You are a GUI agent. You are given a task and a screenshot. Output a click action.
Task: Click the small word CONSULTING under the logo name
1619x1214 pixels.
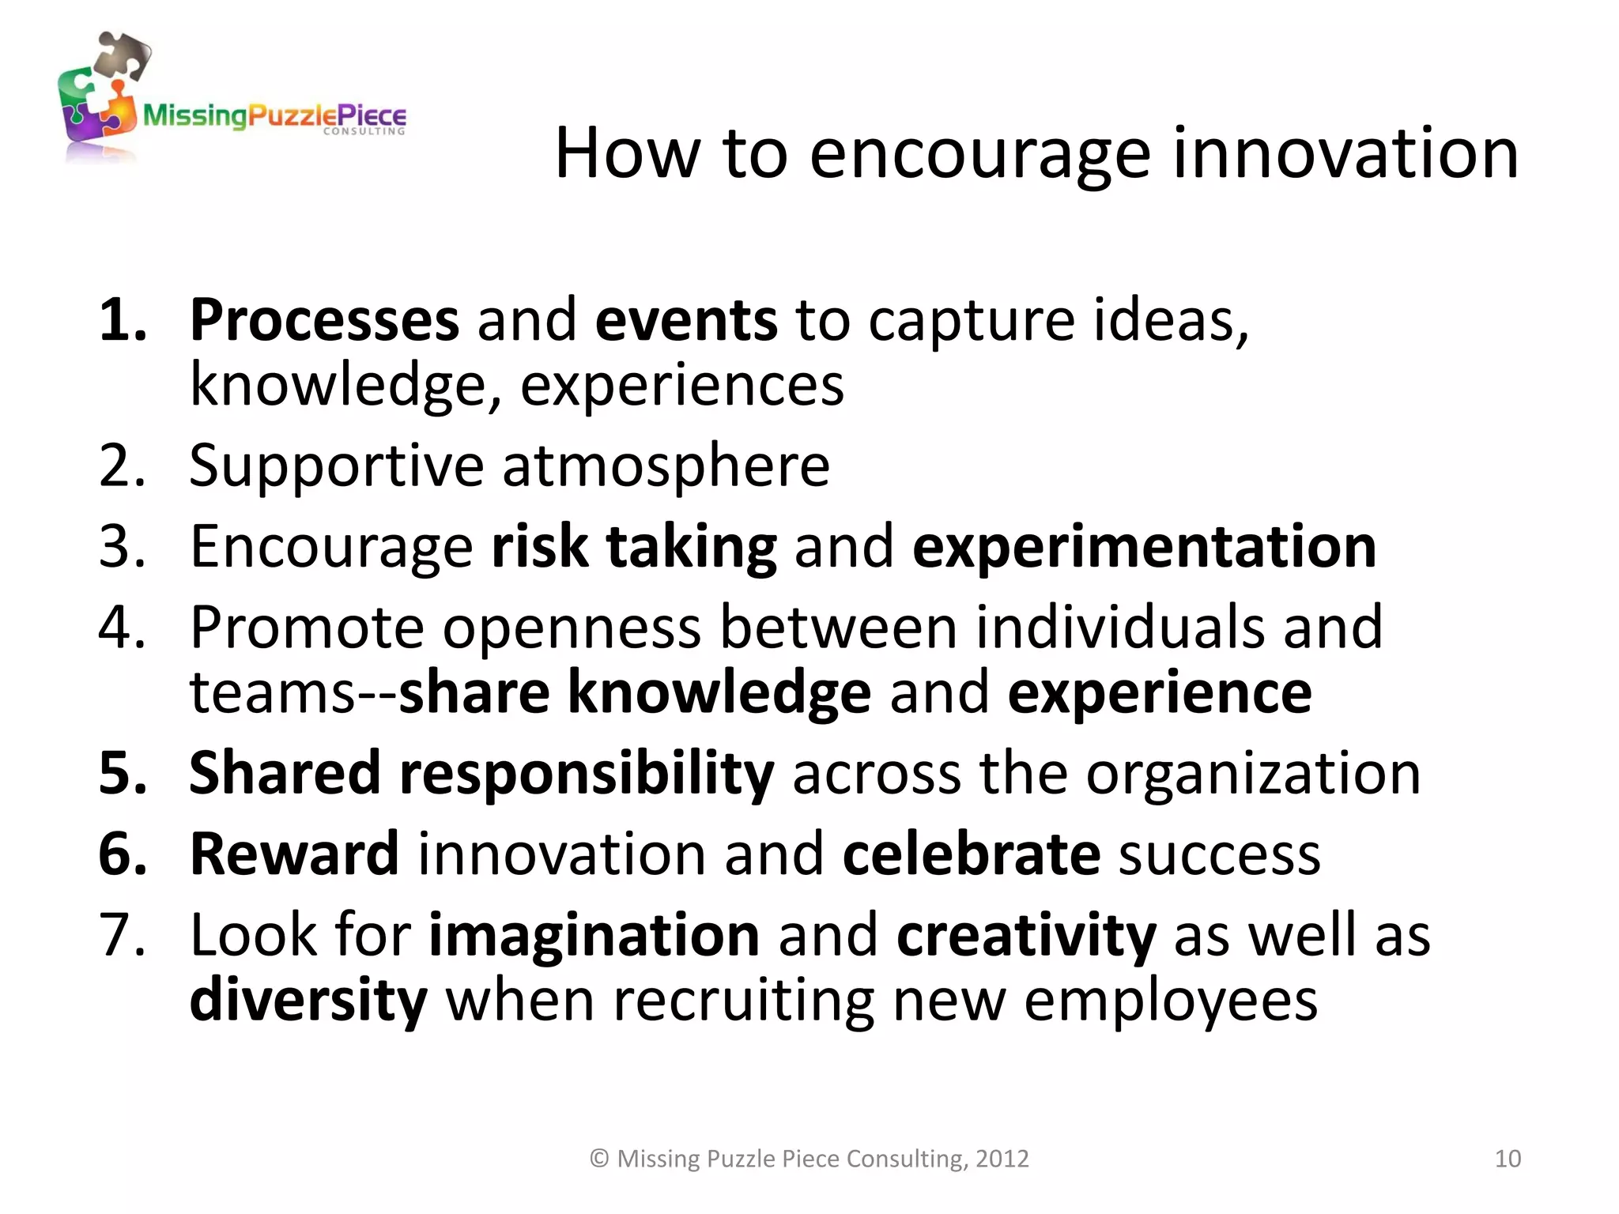(x=364, y=131)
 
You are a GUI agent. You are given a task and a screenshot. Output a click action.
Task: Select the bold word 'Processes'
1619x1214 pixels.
(x=324, y=321)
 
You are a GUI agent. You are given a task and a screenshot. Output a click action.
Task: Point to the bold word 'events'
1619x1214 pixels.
(x=686, y=321)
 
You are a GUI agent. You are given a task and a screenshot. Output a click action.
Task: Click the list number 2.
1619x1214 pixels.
(x=120, y=466)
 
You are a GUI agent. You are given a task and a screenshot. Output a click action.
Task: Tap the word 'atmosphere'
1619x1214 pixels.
(x=666, y=466)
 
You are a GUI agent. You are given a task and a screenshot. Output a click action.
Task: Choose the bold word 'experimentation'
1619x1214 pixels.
(x=1144, y=547)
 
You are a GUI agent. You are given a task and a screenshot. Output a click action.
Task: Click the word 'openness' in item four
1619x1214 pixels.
(x=571, y=628)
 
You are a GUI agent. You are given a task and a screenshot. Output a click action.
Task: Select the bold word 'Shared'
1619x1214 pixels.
(x=285, y=773)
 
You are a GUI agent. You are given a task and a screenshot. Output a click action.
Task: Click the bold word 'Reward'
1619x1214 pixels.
(x=294, y=854)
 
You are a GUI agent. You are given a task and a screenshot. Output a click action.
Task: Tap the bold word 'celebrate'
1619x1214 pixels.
(x=971, y=854)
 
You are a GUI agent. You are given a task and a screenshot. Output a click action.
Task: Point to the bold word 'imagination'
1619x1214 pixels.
(x=594, y=936)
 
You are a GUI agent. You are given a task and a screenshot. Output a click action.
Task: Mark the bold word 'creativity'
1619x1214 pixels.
(x=1025, y=936)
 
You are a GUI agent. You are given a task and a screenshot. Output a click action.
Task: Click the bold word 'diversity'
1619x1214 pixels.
(x=308, y=1001)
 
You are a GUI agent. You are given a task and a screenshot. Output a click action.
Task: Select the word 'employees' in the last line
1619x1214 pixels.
(x=1171, y=1001)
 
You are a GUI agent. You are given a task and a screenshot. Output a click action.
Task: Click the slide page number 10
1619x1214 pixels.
(x=1508, y=1159)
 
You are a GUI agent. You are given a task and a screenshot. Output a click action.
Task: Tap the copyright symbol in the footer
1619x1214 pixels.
(x=599, y=1159)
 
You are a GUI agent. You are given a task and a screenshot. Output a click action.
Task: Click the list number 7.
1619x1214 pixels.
(x=120, y=936)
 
